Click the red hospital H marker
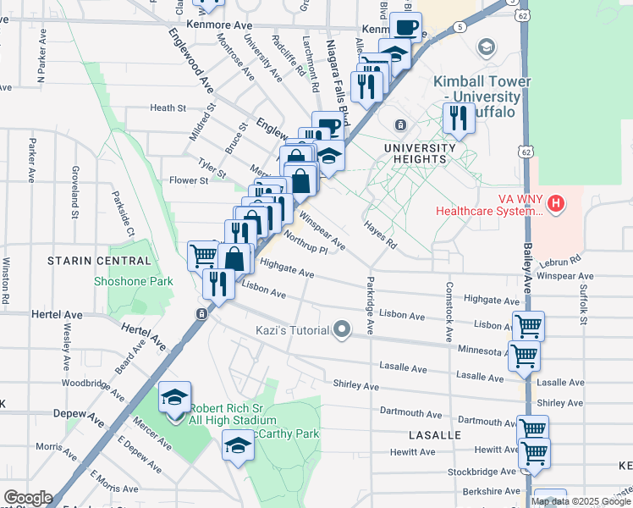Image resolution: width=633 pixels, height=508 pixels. [556, 203]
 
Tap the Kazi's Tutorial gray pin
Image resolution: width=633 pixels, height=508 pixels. [342, 329]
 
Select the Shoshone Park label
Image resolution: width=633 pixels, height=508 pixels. [133, 282]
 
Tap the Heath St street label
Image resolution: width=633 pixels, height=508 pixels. [168, 108]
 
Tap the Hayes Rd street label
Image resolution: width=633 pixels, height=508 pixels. [381, 233]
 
